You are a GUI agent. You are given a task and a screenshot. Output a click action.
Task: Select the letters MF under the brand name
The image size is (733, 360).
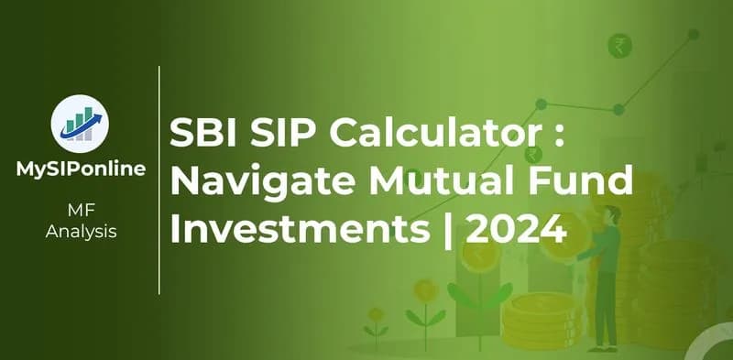81,213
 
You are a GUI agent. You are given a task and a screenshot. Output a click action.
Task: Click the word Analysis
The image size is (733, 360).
81,232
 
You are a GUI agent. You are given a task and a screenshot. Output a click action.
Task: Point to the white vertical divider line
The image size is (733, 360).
159,179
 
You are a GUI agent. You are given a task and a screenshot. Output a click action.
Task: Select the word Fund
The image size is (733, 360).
585,181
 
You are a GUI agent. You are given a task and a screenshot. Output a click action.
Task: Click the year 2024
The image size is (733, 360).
516,225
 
